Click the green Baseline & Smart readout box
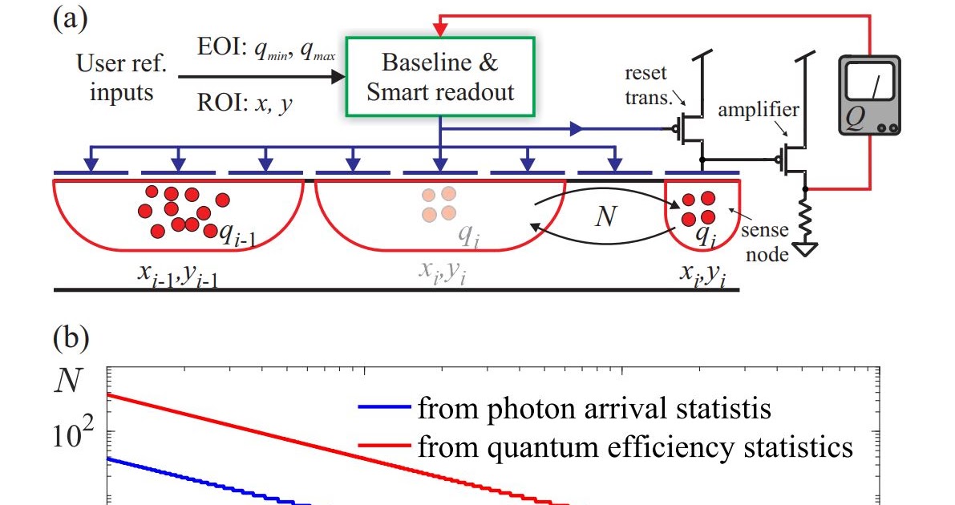[439, 77]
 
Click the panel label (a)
[70, 18]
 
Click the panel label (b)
[70, 337]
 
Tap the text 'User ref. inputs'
[115, 78]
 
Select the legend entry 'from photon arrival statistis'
[565, 409]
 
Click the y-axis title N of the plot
[68, 384]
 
